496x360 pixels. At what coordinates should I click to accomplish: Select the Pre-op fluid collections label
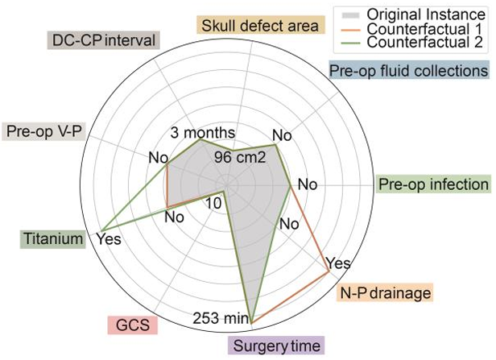408,71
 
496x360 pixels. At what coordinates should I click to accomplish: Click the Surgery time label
276,347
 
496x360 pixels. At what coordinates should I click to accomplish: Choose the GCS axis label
132,325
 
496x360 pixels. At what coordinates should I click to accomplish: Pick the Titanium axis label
53,238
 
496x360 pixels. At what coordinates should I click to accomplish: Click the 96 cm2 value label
240,157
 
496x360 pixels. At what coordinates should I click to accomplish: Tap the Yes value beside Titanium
109,239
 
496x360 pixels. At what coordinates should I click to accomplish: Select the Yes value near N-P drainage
339,263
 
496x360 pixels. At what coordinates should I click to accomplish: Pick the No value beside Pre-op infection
308,184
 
